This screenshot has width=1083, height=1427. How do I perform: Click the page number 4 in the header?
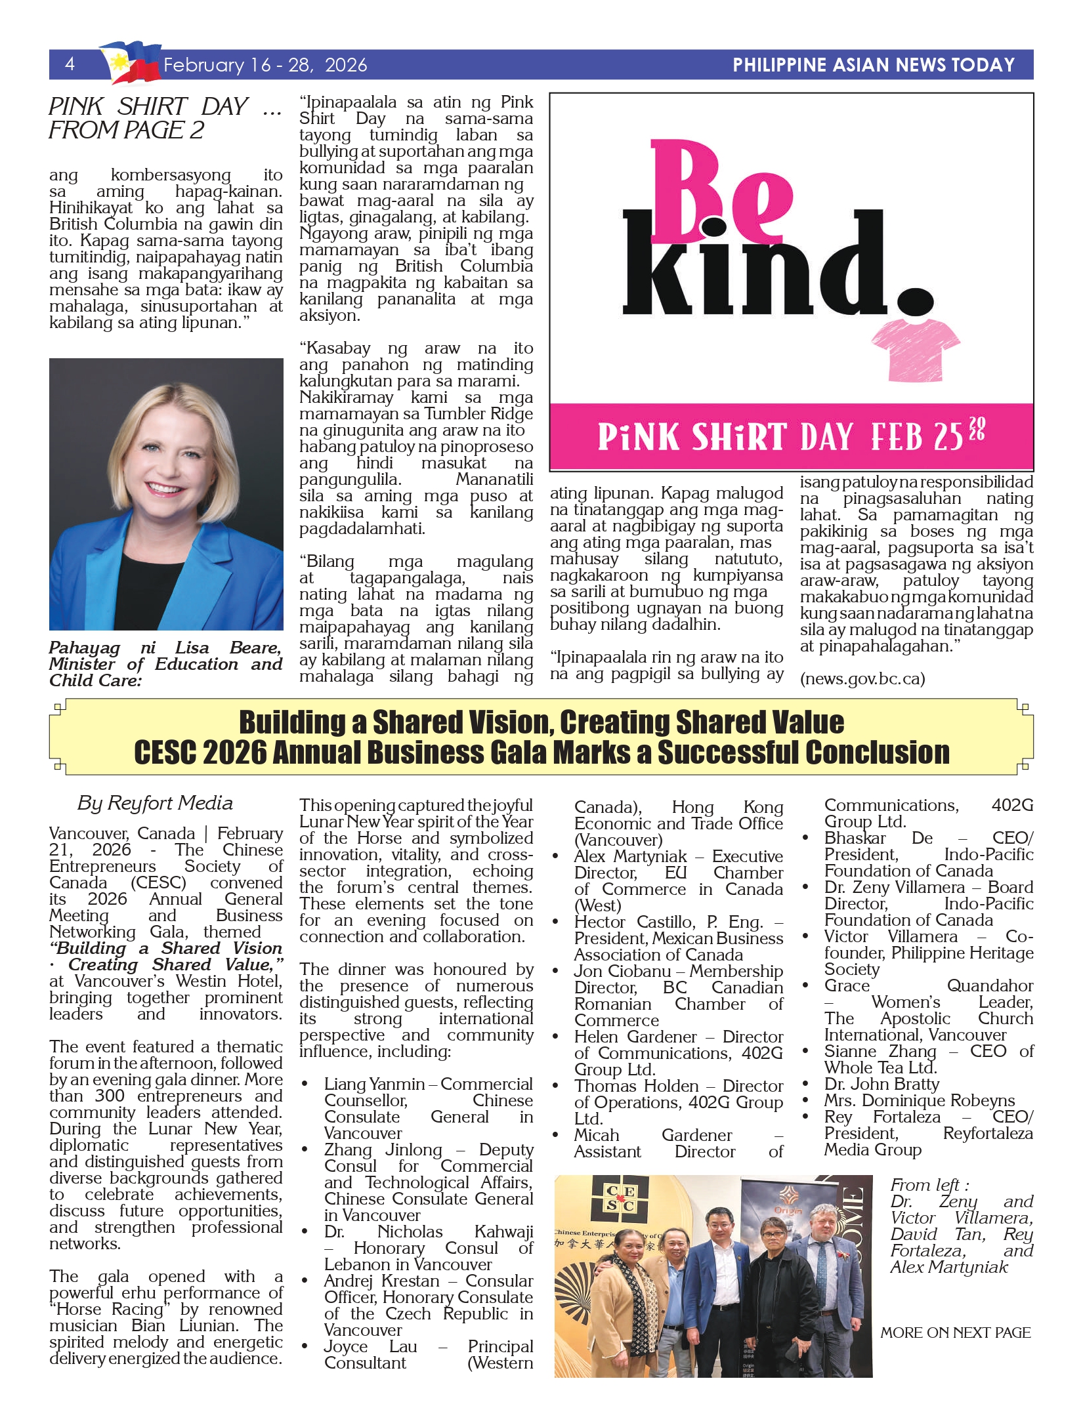point(70,64)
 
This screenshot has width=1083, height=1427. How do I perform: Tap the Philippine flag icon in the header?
point(131,62)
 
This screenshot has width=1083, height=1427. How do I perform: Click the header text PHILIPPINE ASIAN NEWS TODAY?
point(873,65)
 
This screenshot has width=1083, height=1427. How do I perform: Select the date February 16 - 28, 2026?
point(265,65)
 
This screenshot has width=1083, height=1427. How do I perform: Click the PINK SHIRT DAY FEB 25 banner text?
point(791,436)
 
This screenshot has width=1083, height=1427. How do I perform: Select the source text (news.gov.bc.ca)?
point(862,678)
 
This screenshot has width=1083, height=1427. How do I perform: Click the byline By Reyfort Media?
point(155,803)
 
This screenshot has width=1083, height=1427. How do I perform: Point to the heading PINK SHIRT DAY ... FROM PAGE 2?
point(165,118)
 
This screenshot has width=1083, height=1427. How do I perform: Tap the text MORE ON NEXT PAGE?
point(955,1333)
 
